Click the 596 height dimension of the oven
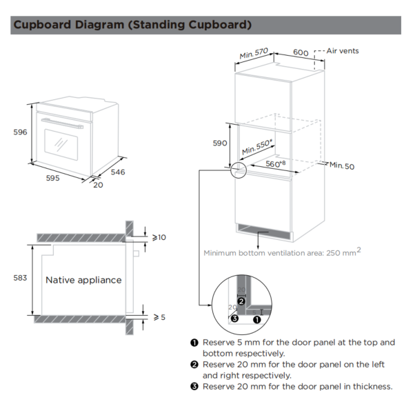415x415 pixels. [20, 132]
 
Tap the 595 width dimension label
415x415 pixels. [52, 178]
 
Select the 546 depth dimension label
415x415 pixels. [118, 172]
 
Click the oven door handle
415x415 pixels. [62, 123]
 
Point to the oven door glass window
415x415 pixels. [61, 145]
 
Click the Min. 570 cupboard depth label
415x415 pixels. [254, 54]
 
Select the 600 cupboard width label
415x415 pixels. [301, 52]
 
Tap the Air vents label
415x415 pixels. [343, 51]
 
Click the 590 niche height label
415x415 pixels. [220, 143]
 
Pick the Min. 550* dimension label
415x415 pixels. [257, 147]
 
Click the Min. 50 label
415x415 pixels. [342, 165]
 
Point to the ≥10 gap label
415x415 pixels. [159, 237]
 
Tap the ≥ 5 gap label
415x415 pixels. [159, 317]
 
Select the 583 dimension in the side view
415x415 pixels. [20, 278]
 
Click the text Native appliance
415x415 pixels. [83, 280]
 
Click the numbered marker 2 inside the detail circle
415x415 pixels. [241, 301]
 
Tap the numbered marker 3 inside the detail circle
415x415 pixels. [234, 318]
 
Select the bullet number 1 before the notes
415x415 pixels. [194, 343]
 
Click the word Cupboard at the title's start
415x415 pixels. [42, 25]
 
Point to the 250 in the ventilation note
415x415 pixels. [333, 253]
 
